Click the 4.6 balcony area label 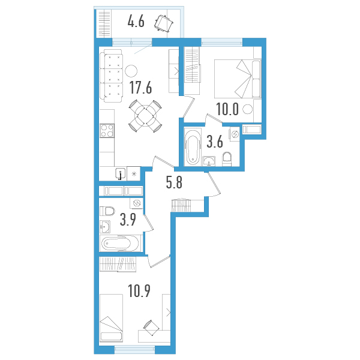pos(137,23)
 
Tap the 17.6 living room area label pos(140,88)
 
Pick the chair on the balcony pos(163,23)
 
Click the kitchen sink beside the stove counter pos(121,174)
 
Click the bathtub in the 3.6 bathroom pos(193,147)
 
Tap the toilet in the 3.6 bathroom pos(227,158)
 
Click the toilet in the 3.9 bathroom pos(107,212)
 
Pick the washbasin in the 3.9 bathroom pos(105,227)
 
